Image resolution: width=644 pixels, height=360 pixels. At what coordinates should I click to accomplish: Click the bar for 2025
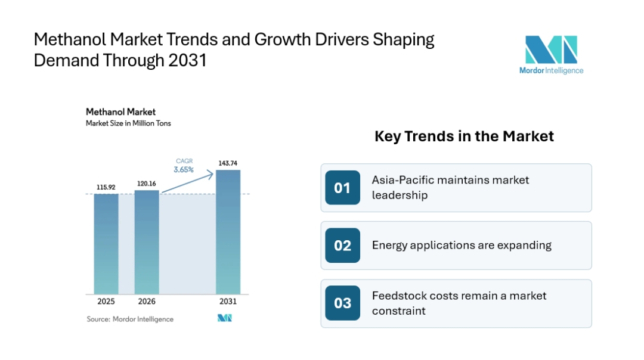tap(106, 244)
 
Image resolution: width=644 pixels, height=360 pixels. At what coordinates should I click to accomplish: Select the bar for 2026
tap(147, 242)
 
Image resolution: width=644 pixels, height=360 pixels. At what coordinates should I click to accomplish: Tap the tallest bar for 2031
tap(228, 232)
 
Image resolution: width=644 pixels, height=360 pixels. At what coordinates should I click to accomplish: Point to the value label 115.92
tap(106, 187)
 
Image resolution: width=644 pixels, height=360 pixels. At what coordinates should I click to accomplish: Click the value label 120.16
tap(147, 184)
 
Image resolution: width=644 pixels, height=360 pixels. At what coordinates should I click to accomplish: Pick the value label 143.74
tap(228, 163)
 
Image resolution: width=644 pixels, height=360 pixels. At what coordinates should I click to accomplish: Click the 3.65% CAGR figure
tap(184, 169)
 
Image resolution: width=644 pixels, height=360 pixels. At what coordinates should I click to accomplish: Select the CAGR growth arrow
tap(188, 183)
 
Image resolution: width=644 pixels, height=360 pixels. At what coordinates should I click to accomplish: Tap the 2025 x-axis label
tap(106, 302)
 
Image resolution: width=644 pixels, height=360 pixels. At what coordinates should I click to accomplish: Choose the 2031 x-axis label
tap(228, 302)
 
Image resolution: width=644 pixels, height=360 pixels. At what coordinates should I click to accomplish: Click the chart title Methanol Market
tap(120, 112)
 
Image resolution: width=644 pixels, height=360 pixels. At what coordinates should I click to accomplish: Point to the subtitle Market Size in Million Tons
tap(128, 123)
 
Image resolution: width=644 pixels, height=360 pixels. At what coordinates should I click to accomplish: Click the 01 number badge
tap(342, 188)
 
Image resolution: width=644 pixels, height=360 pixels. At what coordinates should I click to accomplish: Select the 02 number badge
tap(342, 246)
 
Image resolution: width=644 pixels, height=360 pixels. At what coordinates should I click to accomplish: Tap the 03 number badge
tap(342, 303)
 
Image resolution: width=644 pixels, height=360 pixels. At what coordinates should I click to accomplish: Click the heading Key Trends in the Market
tap(464, 136)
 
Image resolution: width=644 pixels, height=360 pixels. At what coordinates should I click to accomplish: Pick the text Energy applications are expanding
tap(462, 246)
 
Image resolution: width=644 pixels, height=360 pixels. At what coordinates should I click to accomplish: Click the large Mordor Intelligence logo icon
tap(551, 49)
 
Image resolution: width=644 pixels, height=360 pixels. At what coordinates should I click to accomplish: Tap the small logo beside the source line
tap(225, 318)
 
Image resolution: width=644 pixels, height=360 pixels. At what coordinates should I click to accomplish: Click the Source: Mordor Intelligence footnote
tap(130, 319)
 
